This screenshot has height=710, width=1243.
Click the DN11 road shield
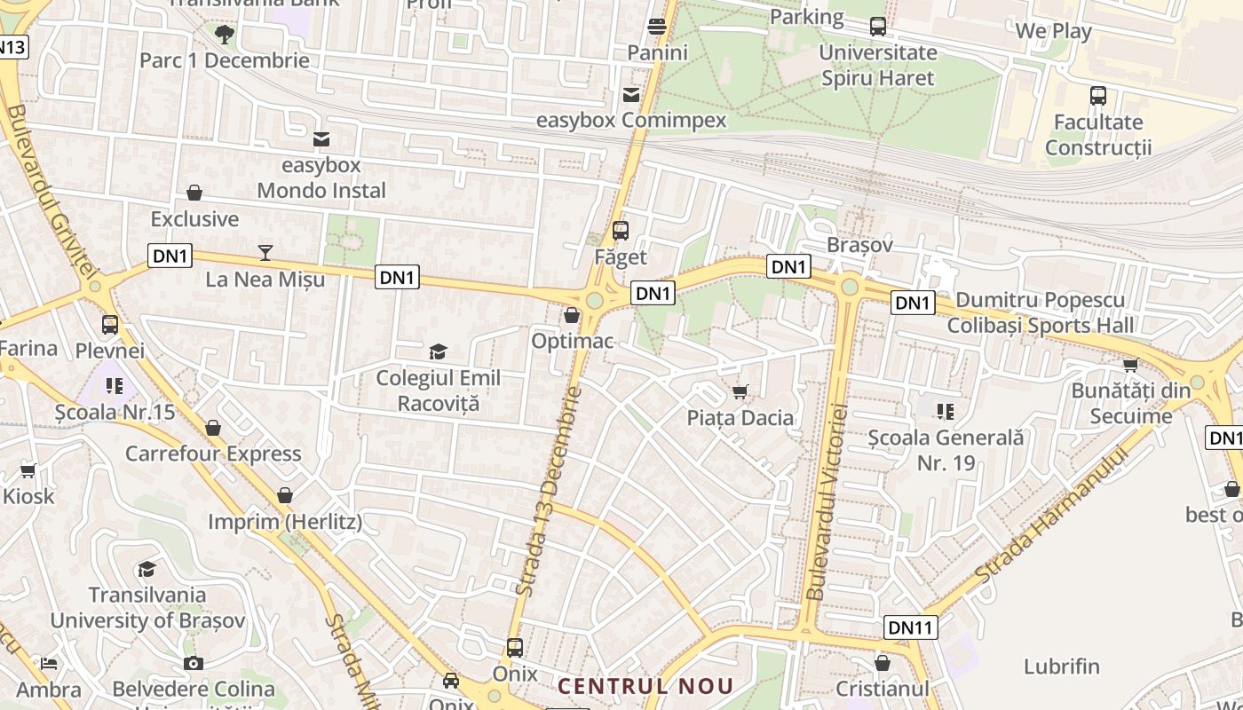click(911, 628)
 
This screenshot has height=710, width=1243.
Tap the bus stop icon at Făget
click(621, 231)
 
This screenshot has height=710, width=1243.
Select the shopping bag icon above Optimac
click(572, 315)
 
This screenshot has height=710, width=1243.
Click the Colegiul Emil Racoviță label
click(439, 390)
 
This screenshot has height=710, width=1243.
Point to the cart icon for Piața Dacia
click(740, 391)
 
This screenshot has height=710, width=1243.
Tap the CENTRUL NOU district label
click(645, 686)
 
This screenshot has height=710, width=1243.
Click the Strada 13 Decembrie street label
click(549, 490)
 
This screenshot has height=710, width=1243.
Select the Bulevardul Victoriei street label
click(827, 501)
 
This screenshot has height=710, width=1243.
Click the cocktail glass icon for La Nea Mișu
click(265, 253)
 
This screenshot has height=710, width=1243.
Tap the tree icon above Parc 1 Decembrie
click(224, 35)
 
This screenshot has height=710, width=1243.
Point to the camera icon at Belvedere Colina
click(194, 663)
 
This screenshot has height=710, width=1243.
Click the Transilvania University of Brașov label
click(147, 608)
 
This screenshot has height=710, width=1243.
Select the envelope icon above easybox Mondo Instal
click(321, 139)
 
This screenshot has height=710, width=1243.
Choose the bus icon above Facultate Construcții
click(1098, 96)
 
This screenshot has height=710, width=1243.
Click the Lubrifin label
click(1062, 667)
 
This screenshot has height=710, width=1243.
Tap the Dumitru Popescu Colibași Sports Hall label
click(1041, 312)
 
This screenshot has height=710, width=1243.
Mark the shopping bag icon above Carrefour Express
click(213, 429)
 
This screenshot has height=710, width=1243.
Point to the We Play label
click(1053, 31)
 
